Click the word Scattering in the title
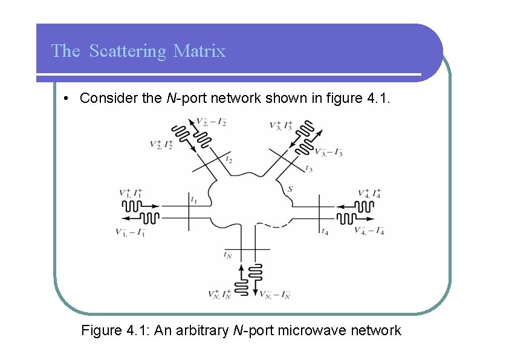click(x=127, y=51)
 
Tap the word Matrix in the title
click(x=199, y=51)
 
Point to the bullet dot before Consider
click(x=65, y=99)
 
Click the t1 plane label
click(x=194, y=199)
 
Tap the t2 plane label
click(x=229, y=160)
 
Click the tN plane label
click(x=227, y=255)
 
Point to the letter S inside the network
click(x=290, y=189)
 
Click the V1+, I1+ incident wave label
click(x=131, y=194)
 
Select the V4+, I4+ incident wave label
click(x=369, y=194)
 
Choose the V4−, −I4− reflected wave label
click(x=369, y=231)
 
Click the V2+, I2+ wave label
click(x=161, y=145)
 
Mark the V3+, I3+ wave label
click(x=282, y=126)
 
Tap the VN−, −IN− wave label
click(x=275, y=295)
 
